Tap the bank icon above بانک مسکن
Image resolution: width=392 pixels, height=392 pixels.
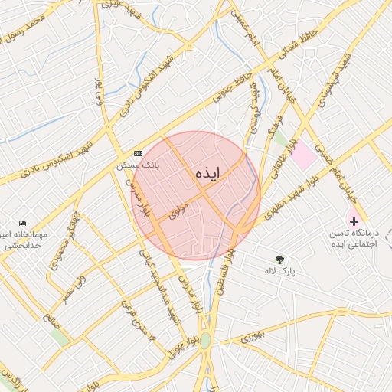[x=138, y=153]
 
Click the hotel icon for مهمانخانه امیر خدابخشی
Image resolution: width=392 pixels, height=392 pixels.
[x=22, y=223]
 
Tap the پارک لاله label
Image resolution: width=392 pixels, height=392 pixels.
[x=280, y=271]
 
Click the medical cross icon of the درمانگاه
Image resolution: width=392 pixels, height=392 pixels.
[x=353, y=220]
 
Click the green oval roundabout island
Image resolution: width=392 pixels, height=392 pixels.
[x=205, y=340]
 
